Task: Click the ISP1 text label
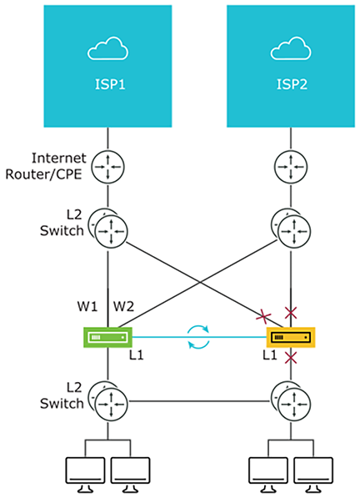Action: click(109, 84)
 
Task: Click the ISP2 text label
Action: click(291, 84)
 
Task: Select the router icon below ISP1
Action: click(108, 165)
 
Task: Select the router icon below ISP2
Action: click(292, 165)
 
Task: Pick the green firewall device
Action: click(108, 338)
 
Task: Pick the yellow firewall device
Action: click(292, 338)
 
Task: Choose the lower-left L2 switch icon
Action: click(108, 402)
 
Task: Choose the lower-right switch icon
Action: click(292, 402)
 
